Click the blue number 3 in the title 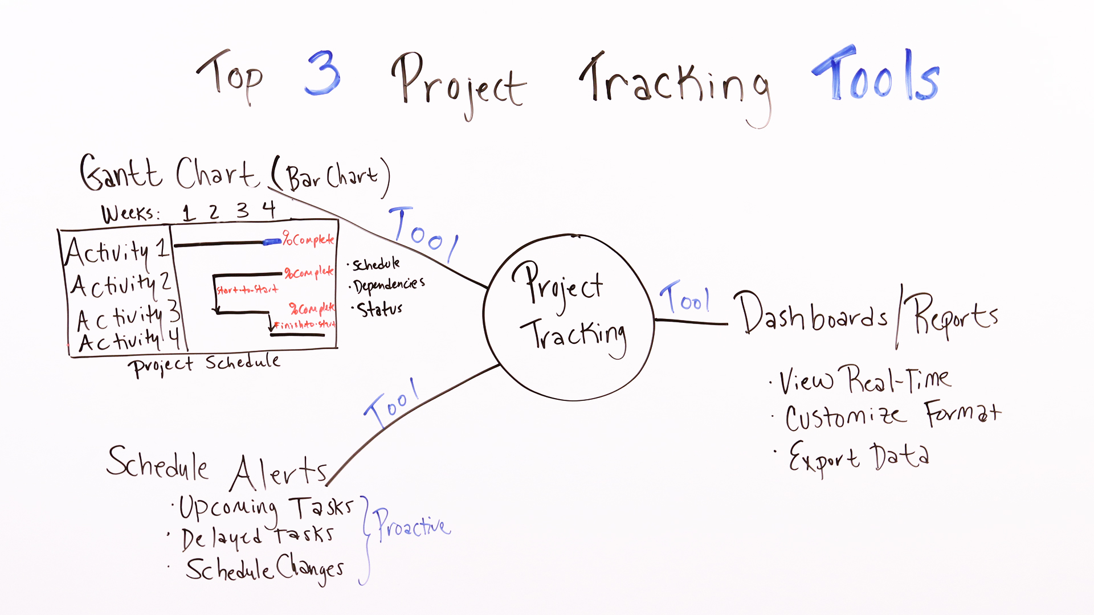tap(323, 74)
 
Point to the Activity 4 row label tap(129, 341)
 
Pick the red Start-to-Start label tap(247, 290)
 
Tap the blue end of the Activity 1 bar tap(272, 242)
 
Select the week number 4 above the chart tap(269, 210)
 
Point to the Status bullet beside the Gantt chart tap(379, 309)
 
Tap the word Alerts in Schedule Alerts tap(279, 473)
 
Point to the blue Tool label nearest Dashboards tap(685, 298)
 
